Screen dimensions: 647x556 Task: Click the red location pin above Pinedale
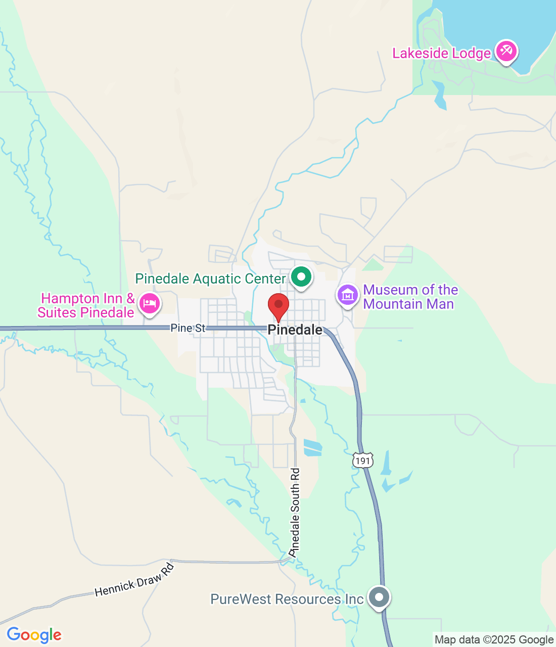point(278,305)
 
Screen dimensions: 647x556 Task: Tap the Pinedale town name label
point(295,330)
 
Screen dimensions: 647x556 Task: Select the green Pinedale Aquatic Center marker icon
point(301,277)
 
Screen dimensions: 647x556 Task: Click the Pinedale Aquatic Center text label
point(210,279)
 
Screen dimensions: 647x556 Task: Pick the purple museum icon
point(348,295)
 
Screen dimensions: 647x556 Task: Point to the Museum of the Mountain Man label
point(410,297)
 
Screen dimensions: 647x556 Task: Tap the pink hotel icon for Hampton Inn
point(149,304)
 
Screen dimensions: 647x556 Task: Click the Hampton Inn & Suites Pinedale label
point(86,305)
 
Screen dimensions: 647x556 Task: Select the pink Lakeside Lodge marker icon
point(505,51)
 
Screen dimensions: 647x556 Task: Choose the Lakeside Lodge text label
point(441,53)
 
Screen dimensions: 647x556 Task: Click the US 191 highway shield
point(363,460)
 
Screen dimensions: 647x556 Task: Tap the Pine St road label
point(188,328)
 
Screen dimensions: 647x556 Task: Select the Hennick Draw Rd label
point(134,580)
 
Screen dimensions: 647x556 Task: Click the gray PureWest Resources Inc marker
point(379,597)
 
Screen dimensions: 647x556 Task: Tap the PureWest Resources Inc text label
point(287,599)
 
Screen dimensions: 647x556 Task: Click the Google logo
point(34,635)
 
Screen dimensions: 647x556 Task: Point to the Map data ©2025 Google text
point(494,640)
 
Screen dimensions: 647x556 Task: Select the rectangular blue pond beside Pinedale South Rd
point(312,447)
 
